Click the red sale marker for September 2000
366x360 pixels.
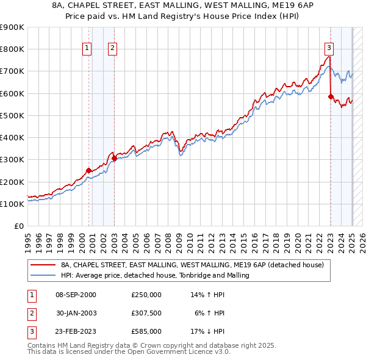click(x=88, y=171)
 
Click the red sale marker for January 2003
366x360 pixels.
click(x=114, y=158)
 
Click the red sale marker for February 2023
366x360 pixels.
click(x=331, y=96)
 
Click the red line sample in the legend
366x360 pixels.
click(x=43, y=265)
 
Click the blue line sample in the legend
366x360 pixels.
click(x=43, y=276)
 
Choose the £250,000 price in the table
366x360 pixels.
click(x=146, y=295)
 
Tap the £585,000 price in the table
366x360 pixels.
click(x=146, y=331)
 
